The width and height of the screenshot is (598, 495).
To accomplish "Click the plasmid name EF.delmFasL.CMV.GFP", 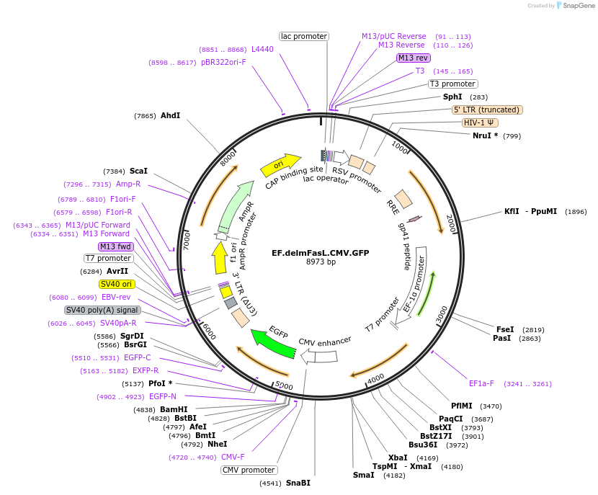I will point(321,253).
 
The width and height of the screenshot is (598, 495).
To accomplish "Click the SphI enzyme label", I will point(452,97).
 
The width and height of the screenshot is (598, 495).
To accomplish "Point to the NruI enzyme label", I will point(481,135).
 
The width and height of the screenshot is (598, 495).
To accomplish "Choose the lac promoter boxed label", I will point(304,36).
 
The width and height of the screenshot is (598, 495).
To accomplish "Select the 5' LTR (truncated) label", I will point(487,110).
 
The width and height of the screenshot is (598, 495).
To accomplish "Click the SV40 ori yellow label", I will point(117,284).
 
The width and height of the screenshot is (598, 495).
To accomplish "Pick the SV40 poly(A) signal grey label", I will point(102,310).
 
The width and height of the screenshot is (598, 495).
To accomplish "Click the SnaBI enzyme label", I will point(298,483).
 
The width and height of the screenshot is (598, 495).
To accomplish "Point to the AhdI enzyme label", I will point(171,115).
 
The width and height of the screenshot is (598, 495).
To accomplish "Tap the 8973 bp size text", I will point(321,262).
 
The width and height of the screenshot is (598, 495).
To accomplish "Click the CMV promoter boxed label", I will point(249,470).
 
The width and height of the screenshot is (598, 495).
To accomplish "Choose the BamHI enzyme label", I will point(174,409).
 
